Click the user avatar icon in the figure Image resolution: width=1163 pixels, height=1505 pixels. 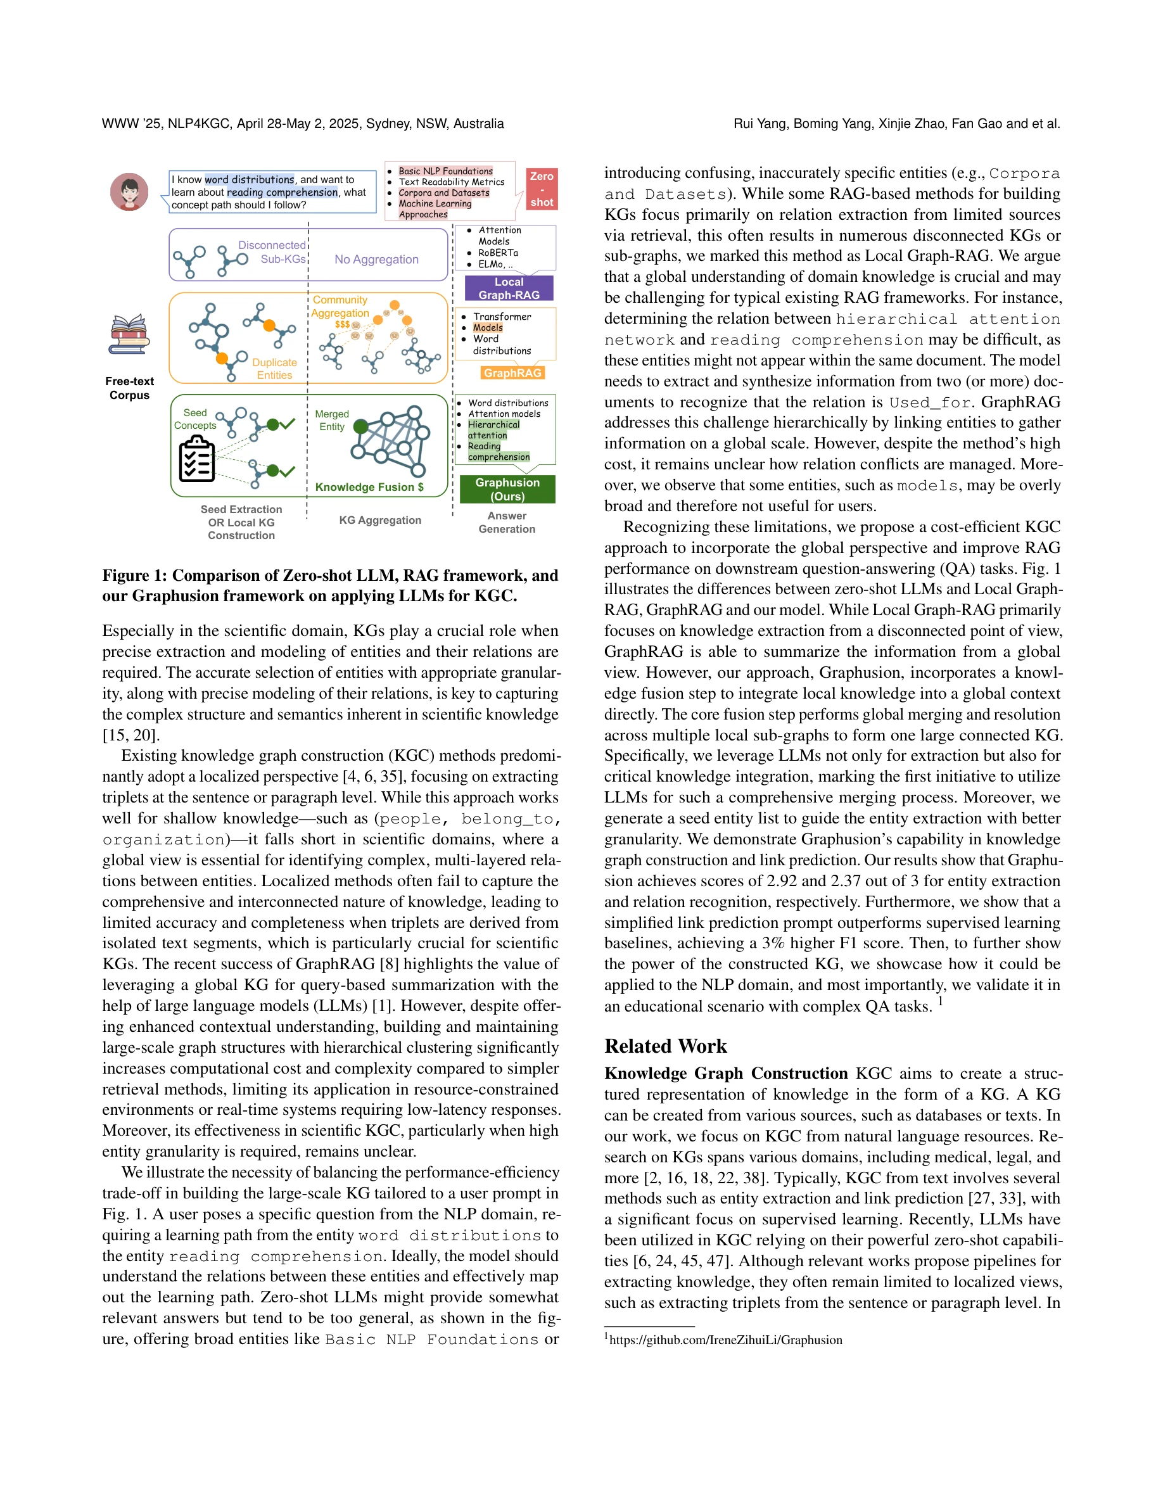click(x=129, y=191)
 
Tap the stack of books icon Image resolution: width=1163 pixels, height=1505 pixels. click(x=129, y=334)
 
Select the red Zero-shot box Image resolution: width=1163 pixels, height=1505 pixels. click(x=542, y=189)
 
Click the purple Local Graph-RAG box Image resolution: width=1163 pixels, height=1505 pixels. click(x=509, y=288)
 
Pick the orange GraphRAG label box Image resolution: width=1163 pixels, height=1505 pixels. click(x=512, y=373)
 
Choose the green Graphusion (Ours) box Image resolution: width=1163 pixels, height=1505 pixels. click(x=507, y=489)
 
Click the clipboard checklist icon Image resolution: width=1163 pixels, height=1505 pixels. click(x=196, y=460)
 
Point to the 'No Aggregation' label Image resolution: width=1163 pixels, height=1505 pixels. click(x=376, y=259)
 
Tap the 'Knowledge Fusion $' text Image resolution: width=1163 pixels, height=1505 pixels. click(x=369, y=487)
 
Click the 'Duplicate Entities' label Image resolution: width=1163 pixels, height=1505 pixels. click(x=274, y=369)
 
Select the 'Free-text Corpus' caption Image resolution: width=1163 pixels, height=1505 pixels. click(x=129, y=388)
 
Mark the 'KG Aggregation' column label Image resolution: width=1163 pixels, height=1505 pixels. click(x=379, y=520)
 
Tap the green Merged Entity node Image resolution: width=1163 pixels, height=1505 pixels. click(x=360, y=426)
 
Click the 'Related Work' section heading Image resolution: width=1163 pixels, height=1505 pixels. click(x=665, y=1046)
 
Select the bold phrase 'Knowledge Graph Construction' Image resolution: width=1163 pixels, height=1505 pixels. click(x=725, y=1074)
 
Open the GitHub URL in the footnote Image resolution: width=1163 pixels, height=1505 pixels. click(x=725, y=1340)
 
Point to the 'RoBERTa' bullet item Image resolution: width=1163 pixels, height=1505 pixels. click(x=498, y=253)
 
